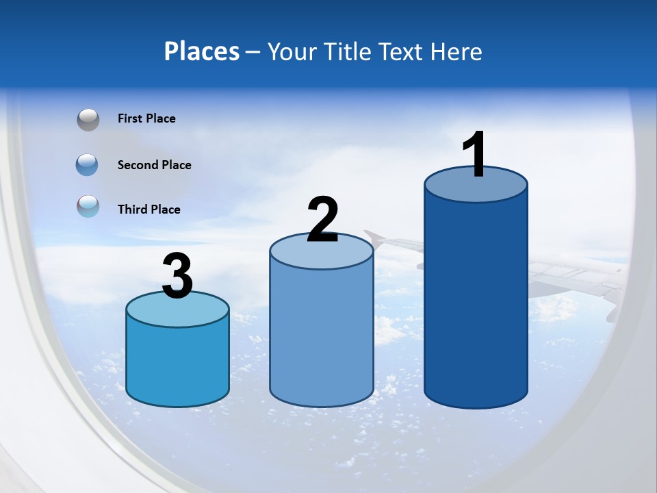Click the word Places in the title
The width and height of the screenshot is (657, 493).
pos(202,51)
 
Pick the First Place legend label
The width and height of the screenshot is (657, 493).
pos(146,118)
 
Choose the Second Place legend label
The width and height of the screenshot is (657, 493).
pos(154,165)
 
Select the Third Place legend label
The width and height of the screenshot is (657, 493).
pos(149,210)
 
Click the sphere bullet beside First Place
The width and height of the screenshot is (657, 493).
pos(88,120)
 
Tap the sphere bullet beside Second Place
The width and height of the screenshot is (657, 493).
pos(88,164)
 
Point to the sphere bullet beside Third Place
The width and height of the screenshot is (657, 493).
pos(88,206)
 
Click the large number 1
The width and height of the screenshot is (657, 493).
pos(475,155)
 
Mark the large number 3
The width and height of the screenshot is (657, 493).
pos(177,277)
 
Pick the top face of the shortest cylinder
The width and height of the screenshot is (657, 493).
pos(177,310)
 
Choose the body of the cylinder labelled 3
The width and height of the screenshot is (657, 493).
pos(177,363)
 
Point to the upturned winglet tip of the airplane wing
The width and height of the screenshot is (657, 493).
pos(372,236)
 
